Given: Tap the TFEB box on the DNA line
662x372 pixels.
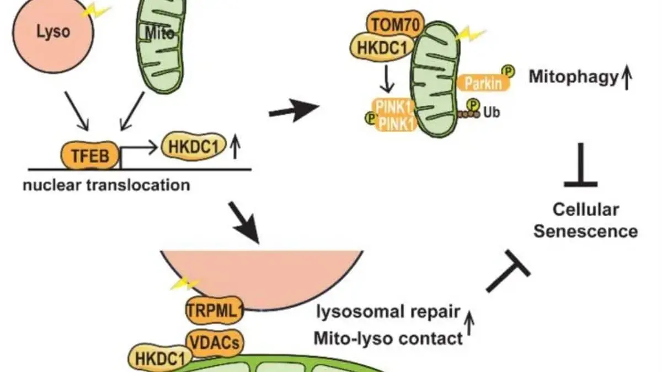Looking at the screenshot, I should click(90, 157).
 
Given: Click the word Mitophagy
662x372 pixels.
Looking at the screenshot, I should click(572, 77).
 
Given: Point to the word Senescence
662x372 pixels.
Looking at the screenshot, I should click(585, 231).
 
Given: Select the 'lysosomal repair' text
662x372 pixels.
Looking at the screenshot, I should click(388, 311).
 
